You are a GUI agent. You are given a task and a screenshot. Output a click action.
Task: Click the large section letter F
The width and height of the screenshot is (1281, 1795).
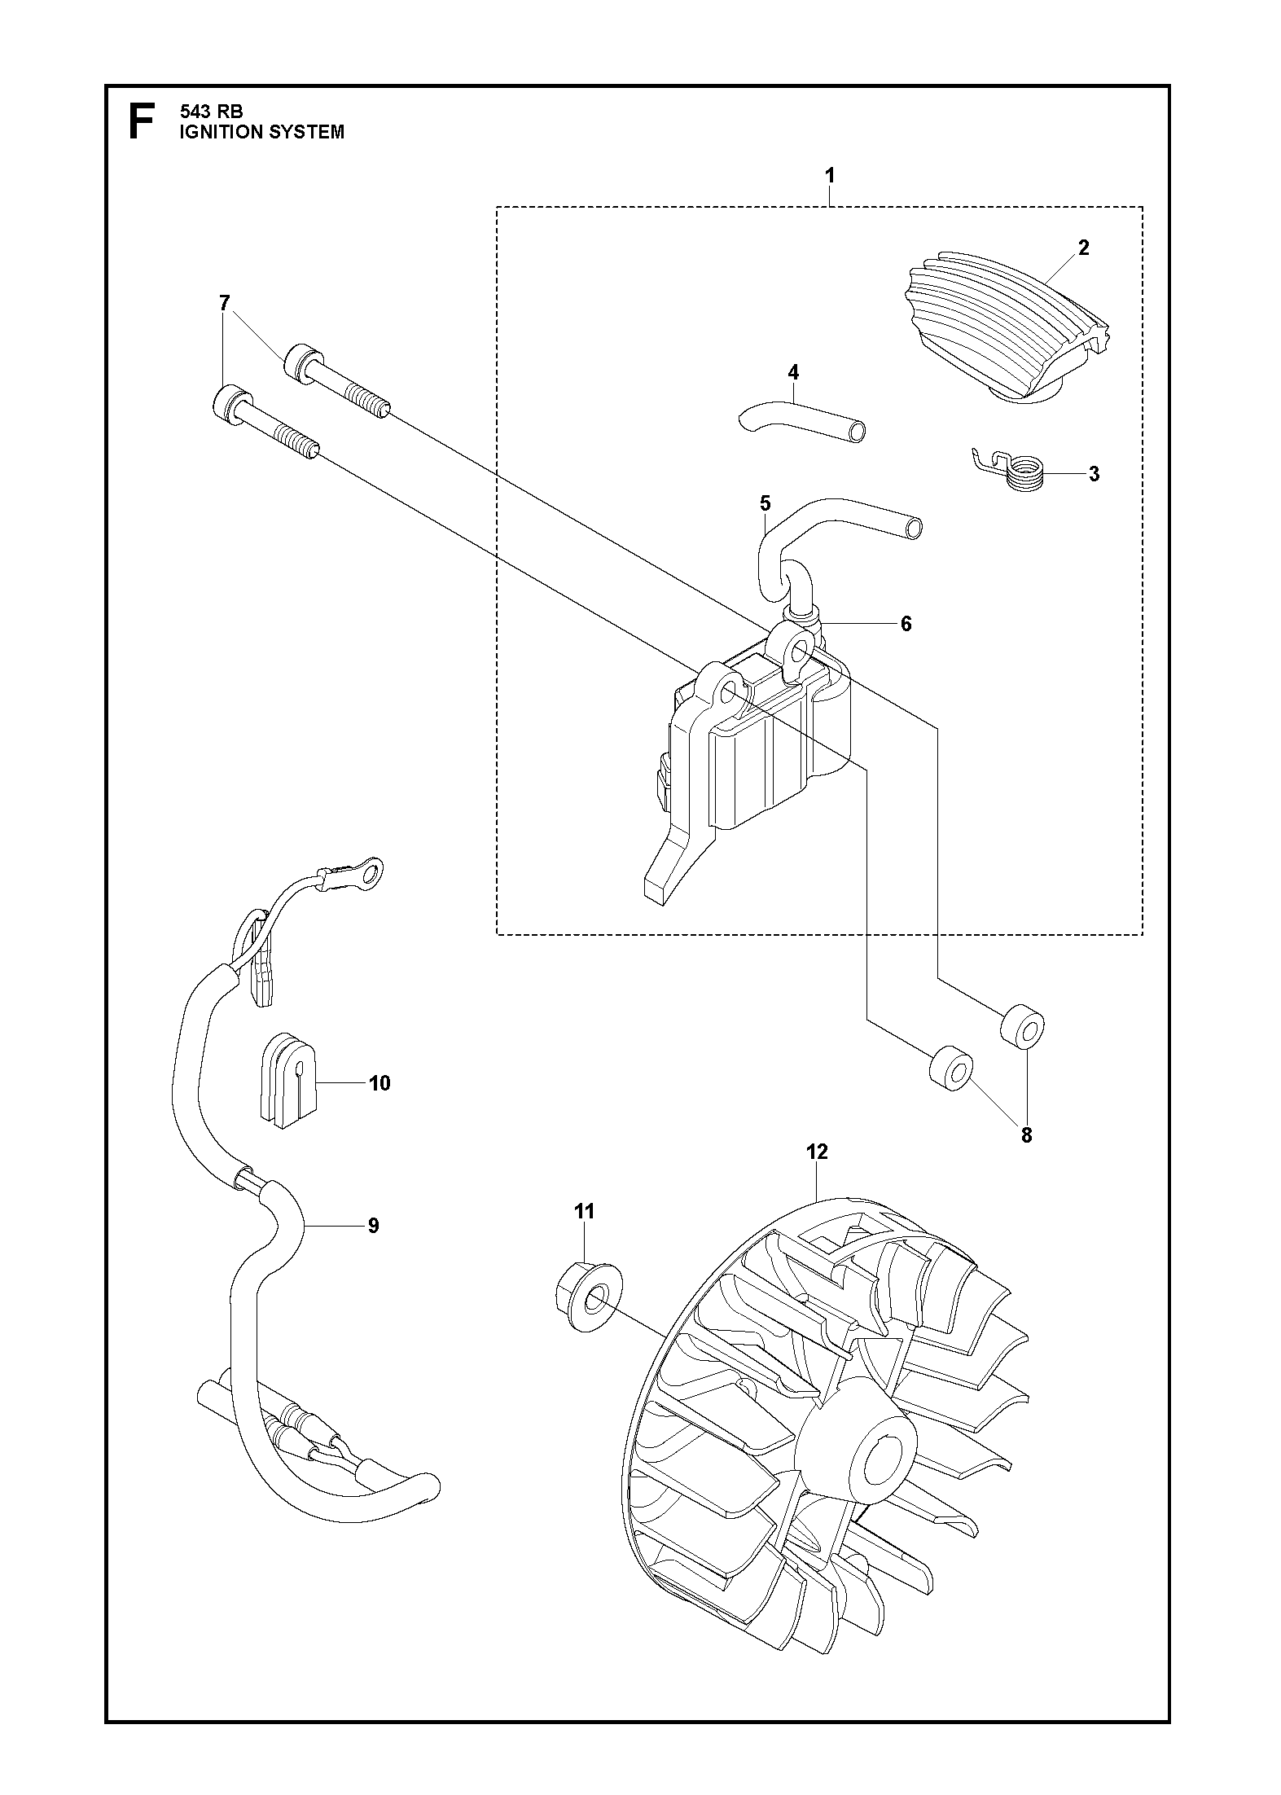point(141,121)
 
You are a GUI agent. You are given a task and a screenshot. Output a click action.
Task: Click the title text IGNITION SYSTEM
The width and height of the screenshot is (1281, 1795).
point(261,132)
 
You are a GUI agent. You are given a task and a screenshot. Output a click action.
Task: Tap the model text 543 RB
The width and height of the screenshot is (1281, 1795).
point(211,112)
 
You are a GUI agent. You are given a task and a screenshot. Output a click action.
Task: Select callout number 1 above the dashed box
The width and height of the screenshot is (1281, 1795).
point(830,175)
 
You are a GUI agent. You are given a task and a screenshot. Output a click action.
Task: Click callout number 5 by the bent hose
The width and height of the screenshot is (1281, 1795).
point(765,503)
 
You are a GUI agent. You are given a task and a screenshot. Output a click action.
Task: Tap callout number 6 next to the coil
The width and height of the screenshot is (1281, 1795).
point(906,624)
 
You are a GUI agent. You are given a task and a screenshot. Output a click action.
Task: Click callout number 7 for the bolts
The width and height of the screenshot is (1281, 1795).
point(225,303)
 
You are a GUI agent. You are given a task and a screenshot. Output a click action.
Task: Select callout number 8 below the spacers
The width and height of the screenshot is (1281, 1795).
point(1026,1135)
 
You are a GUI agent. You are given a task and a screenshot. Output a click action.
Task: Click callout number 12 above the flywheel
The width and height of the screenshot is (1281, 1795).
point(817,1152)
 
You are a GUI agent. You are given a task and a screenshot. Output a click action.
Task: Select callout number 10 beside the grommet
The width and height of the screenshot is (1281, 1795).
point(379,1083)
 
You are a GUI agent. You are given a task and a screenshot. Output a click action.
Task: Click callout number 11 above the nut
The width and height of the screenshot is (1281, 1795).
point(584,1235)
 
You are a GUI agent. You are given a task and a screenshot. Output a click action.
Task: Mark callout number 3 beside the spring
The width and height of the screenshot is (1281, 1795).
point(1094,474)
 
